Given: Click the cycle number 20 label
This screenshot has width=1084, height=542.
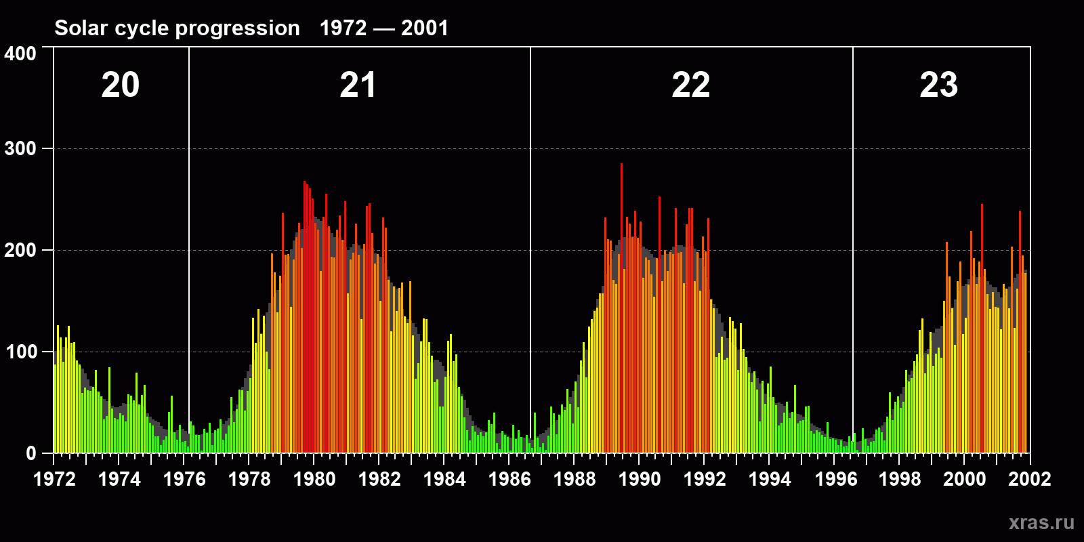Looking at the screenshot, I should click(x=121, y=85).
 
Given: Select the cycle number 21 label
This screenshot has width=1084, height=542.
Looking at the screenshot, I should click(x=358, y=85).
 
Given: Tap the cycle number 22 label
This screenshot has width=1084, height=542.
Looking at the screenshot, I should click(x=690, y=85).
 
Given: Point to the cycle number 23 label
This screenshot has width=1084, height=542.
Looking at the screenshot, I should click(x=938, y=85).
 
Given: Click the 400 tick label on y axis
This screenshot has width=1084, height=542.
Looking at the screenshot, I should click(x=20, y=54).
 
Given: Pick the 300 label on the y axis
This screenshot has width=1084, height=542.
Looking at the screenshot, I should click(x=20, y=149).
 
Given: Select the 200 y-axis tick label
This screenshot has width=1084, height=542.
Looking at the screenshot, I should click(x=20, y=250).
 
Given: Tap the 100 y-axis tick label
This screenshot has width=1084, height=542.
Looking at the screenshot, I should click(x=20, y=352).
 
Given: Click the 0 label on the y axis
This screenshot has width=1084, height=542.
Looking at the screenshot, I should click(x=31, y=453).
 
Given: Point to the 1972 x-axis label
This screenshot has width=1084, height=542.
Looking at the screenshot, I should click(x=55, y=479).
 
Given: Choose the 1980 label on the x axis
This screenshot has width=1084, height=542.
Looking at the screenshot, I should click(x=314, y=479).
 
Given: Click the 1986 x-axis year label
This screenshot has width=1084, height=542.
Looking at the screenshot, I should click(x=509, y=479).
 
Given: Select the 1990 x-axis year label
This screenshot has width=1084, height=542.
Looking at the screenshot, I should click(x=640, y=479).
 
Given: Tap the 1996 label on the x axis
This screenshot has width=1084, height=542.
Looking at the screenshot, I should click(x=836, y=479).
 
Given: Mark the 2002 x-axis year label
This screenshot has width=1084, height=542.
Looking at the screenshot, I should click(x=1030, y=479).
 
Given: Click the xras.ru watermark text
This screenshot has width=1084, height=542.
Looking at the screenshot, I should click(x=1041, y=522).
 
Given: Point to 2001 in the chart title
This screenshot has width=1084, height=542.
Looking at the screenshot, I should click(x=425, y=28).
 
